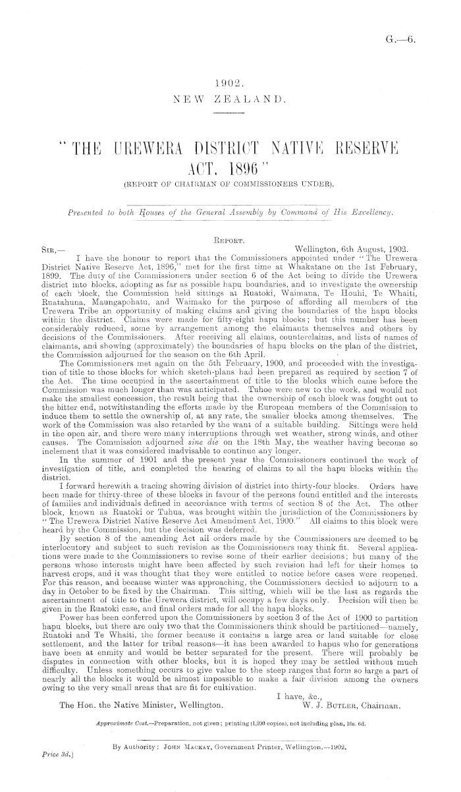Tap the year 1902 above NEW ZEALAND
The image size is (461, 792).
click(x=230, y=84)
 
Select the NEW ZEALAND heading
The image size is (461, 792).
click(x=230, y=101)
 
